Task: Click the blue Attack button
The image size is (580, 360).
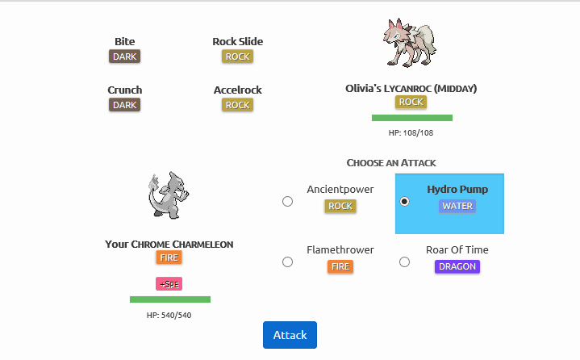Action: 290,335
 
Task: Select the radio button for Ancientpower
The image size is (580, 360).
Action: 287,201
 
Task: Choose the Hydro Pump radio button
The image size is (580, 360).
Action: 405,201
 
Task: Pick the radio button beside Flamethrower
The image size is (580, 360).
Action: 287,262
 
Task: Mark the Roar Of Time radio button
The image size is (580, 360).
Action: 405,262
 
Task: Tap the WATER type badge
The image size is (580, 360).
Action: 457,206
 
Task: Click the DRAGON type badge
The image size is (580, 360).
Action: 457,266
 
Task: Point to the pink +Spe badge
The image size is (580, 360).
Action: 169,283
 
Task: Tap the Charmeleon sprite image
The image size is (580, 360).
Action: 169,195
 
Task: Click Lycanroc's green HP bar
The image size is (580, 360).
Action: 411,118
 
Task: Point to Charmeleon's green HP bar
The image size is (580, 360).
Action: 169,299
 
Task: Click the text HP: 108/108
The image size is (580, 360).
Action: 411,132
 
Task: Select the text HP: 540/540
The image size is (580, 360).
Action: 169,315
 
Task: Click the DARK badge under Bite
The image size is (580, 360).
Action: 125,57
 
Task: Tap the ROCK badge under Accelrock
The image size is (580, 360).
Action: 237,105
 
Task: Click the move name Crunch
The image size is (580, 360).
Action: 125,90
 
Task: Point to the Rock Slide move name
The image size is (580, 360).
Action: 237,41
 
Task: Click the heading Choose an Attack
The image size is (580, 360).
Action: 391,163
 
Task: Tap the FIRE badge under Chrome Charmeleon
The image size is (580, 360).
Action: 169,258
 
